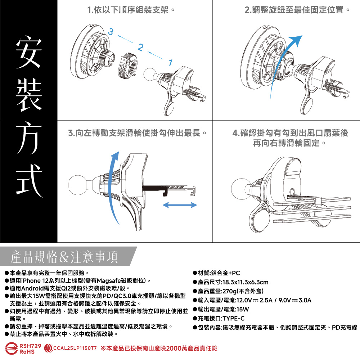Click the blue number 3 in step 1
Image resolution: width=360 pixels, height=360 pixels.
click(111, 31)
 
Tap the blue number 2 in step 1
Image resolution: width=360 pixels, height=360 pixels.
click(140, 47)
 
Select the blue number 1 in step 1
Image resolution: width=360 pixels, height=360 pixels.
click(170, 63)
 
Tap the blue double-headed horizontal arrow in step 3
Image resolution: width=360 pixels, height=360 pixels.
click(180, 205)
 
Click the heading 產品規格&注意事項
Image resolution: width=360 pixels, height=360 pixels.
click(64, 257)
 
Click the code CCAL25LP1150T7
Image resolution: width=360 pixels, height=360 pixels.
click(75, 348)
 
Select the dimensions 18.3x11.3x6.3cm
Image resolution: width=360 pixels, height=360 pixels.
click(246, 282)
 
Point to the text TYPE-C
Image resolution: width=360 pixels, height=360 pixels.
click(234, 319)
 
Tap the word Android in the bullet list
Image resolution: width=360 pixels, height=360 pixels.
click(32, 288)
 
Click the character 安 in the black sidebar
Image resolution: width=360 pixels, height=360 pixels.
click(29, 52)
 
